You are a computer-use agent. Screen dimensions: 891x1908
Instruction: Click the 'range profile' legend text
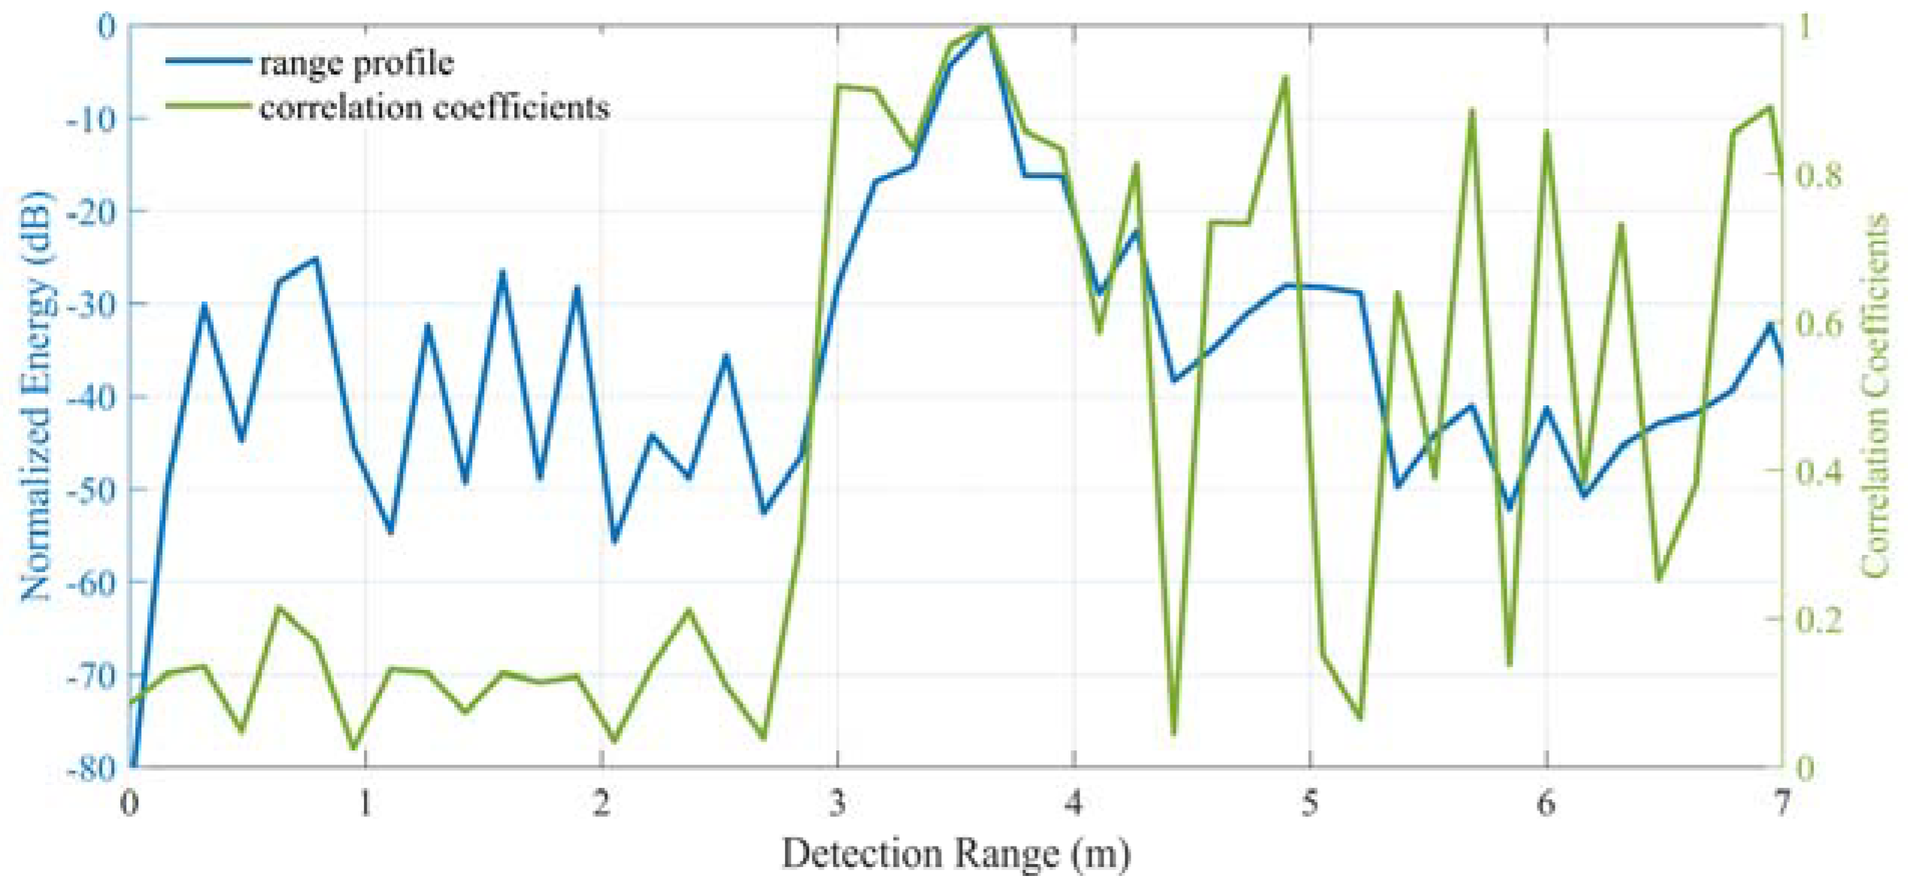(x=356, y=63)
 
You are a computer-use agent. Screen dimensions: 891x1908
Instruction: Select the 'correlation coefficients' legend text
(x=434, y=108)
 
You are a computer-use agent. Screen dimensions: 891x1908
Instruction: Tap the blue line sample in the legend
(x=208, y=60)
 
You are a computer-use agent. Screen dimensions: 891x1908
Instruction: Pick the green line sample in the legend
(x=208, y=106)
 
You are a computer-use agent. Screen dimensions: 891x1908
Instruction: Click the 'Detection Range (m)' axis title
(x=956, y=854)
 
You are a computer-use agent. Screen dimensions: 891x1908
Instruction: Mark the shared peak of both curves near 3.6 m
(x=986, y=29)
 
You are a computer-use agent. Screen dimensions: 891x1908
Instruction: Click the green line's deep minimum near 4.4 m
(x=1174, y=733)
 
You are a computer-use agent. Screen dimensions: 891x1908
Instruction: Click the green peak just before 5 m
(x=1286, y=77)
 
